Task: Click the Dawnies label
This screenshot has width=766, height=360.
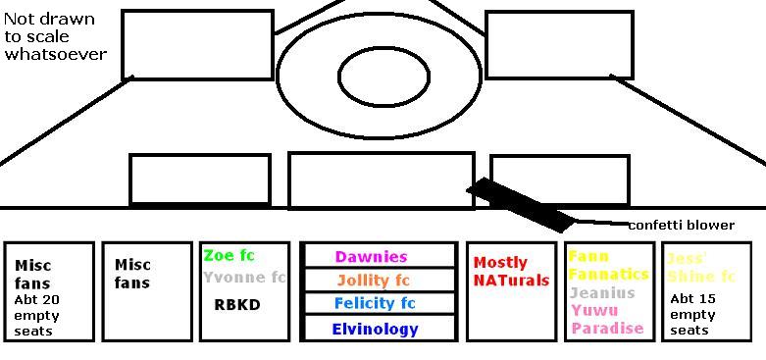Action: (x=371, y=257)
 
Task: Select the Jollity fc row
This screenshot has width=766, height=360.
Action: (x=373, y=281)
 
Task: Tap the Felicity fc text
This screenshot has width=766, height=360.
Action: (x=375, y=304)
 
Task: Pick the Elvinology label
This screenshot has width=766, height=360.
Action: (x=375, y=330)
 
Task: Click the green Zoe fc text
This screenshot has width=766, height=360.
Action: (x=229, y=256)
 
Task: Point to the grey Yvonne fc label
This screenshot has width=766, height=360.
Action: (x=244, y=278)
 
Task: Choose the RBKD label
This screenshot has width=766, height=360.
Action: (x=237, y=305)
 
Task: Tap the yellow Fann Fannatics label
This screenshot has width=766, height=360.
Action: (x=608, y=266)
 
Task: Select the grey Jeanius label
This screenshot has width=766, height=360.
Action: (x=602, y=292)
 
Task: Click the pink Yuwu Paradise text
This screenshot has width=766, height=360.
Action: (x=607, y=320)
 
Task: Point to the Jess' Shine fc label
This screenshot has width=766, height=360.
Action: (x=700, y=268)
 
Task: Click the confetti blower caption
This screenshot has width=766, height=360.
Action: (x=681, y=226)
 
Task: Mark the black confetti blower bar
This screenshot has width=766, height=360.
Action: (x=519, y=203)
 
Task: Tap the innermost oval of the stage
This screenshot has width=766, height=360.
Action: (x=383, y=76)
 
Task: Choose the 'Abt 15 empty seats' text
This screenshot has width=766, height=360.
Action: (x=692, y=315)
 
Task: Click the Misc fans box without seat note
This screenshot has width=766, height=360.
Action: (x=146, y=291)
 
